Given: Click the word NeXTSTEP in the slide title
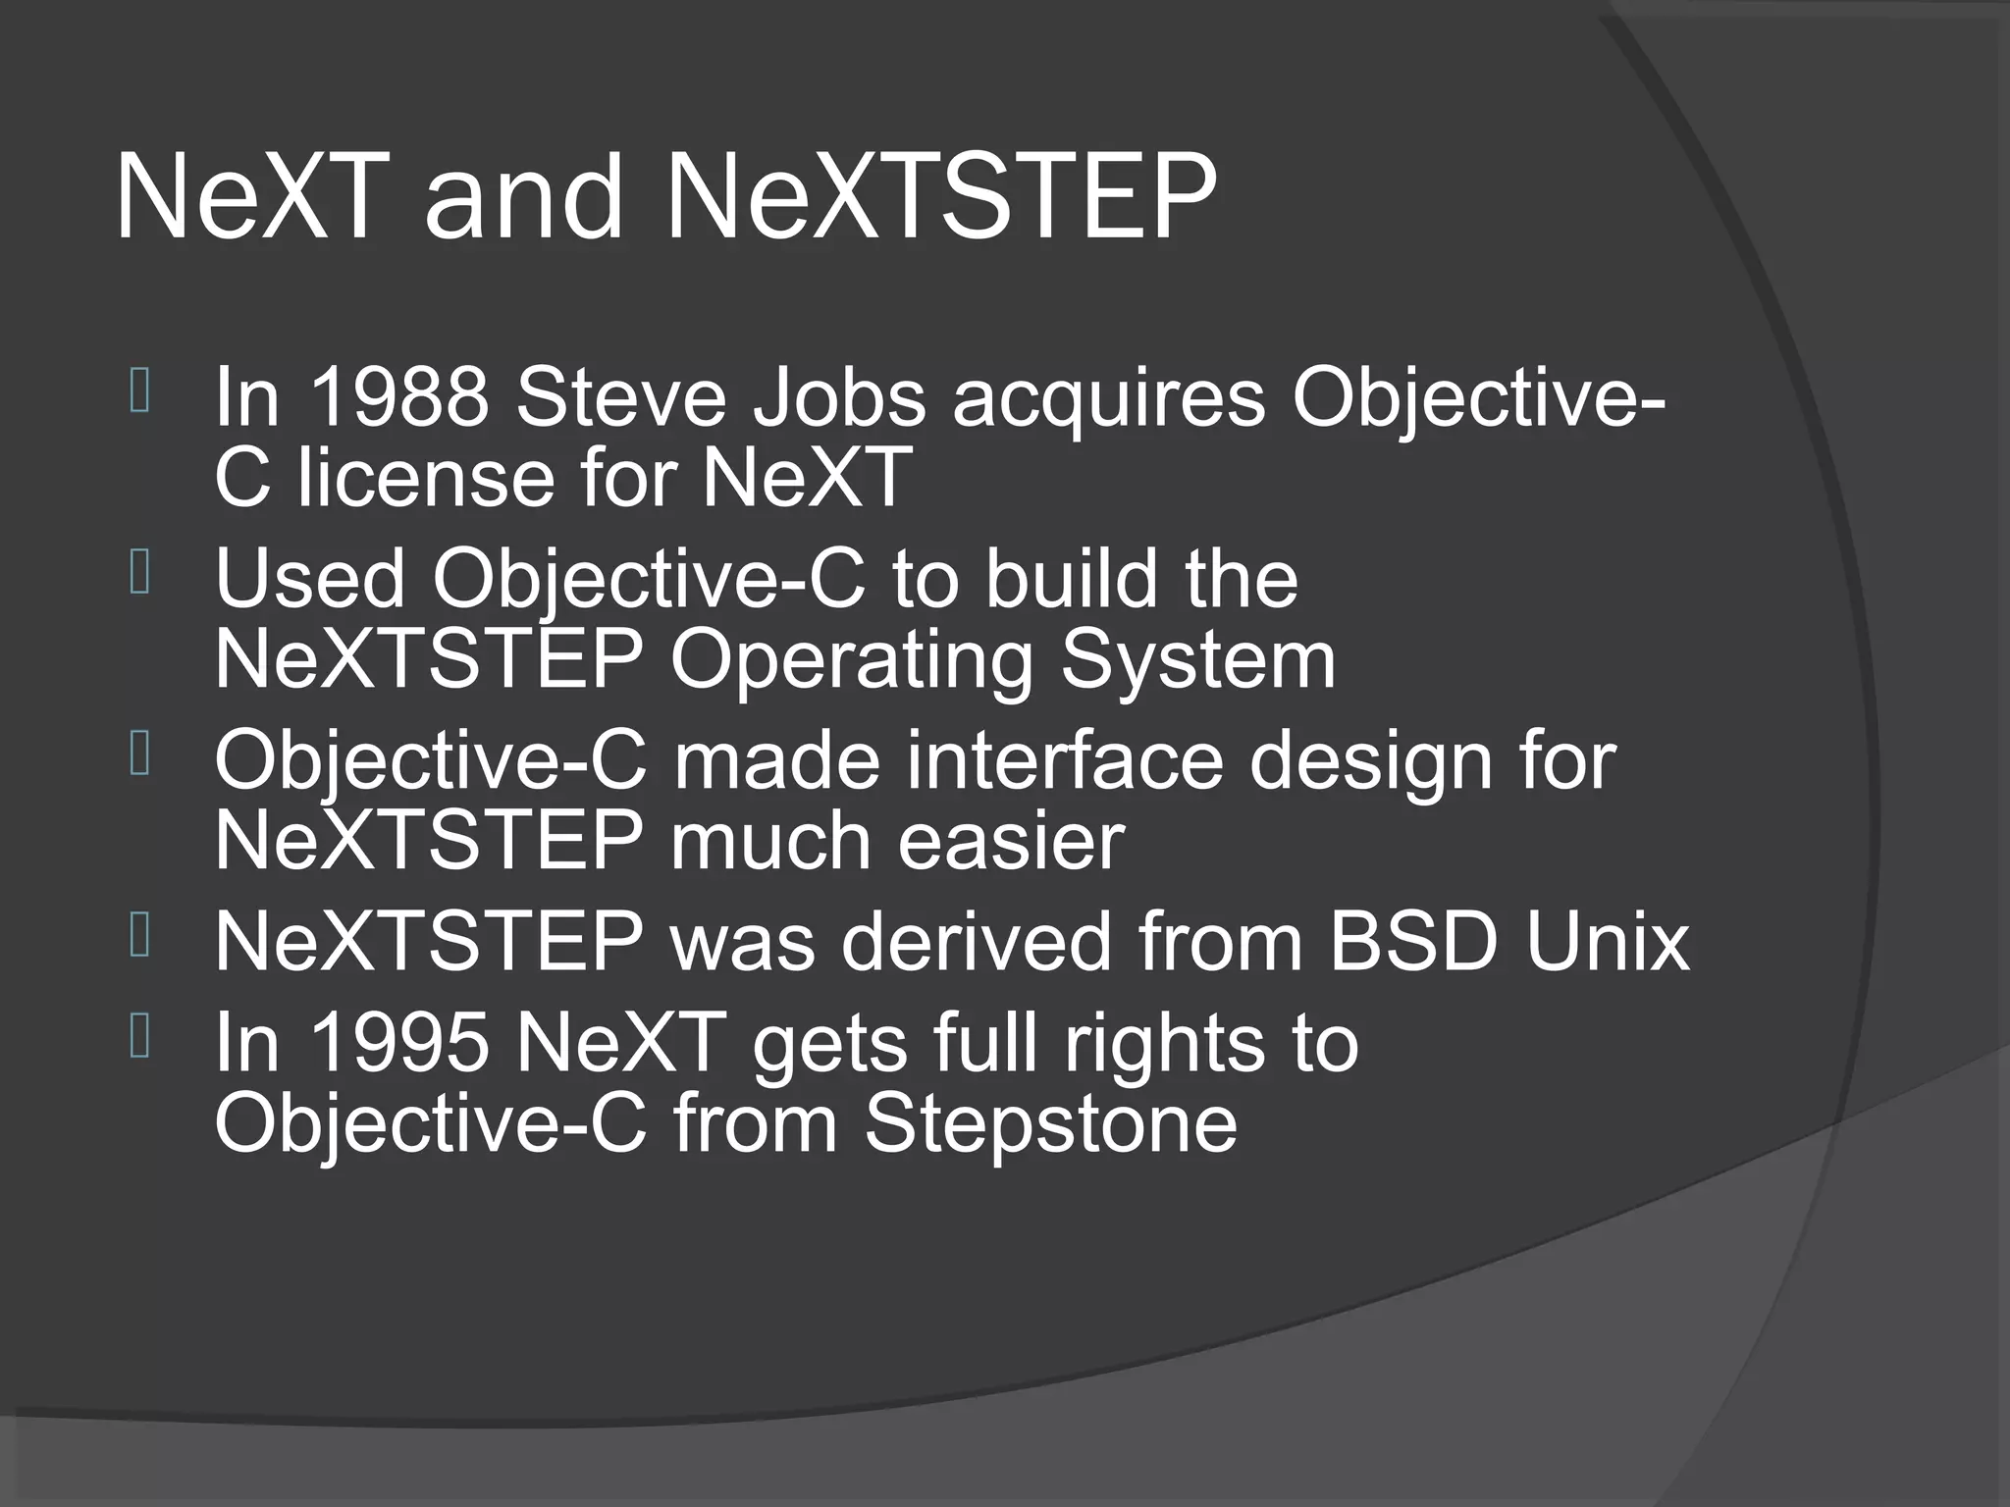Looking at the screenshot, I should pyautogui.click(x=940, y=198).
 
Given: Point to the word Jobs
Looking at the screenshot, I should pyautogui.click(x=839, y=397).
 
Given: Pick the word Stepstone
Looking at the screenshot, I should pyautogui.click(x=1050, y=1125).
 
